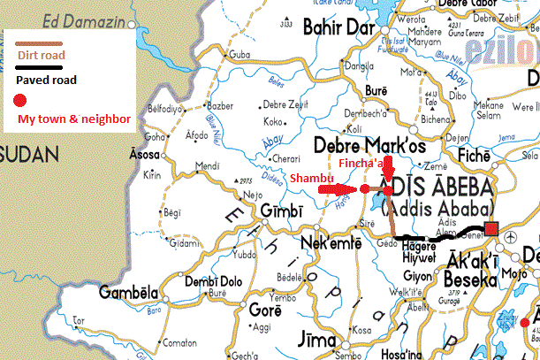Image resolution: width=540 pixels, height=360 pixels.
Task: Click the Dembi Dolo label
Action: coord(212,282)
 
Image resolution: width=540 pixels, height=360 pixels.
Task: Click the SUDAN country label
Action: coord(28,153)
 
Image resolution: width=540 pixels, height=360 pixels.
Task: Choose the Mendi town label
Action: coord(209,165)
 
